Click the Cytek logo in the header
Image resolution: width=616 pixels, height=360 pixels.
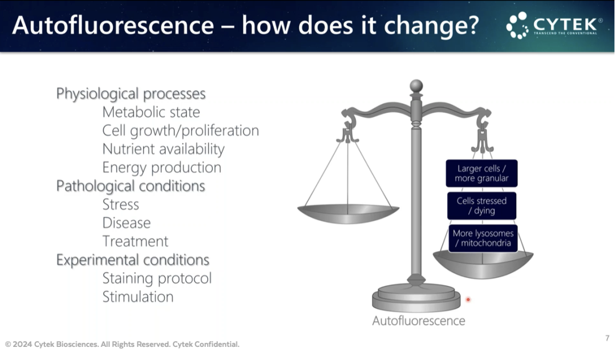click(x=554, y=25)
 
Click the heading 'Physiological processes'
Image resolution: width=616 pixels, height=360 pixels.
click(x=131, y=94)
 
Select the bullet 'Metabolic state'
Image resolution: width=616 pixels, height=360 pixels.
click(x=151, y=112)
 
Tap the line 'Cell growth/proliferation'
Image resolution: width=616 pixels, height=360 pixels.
click(x=181, y=131)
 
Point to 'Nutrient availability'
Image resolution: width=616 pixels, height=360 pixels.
click(x=164, y=149)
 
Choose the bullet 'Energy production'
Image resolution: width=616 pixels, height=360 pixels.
click(x=162, y=167)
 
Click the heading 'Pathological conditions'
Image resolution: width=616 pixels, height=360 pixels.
click(x=131, y=186)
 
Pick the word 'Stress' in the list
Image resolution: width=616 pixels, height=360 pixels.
click(x=120, y=204)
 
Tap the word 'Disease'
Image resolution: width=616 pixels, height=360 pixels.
click(x=127, y=223)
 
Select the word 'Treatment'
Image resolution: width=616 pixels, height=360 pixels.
click(x=135, y=241)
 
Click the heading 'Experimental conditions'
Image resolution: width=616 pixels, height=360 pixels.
click(x=133, y=260)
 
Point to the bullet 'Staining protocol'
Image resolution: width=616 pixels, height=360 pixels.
click(x=157, y=278)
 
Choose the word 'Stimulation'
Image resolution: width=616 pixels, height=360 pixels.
click(x=138, y=297)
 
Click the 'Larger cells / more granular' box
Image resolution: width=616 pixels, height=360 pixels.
click(x=481, y=173)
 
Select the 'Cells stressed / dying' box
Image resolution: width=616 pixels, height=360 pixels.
click(x=481, y=205)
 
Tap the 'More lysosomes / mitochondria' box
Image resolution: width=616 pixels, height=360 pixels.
click(x=483, y=238)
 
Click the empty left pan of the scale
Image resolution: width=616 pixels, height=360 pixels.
click(x=348, y=214)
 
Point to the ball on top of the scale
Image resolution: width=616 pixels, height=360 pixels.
click(x=416, y=86)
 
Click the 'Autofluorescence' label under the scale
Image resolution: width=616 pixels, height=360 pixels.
click(x=419, y=321)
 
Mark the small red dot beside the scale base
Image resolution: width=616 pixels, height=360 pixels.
click(x=468, y=300)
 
